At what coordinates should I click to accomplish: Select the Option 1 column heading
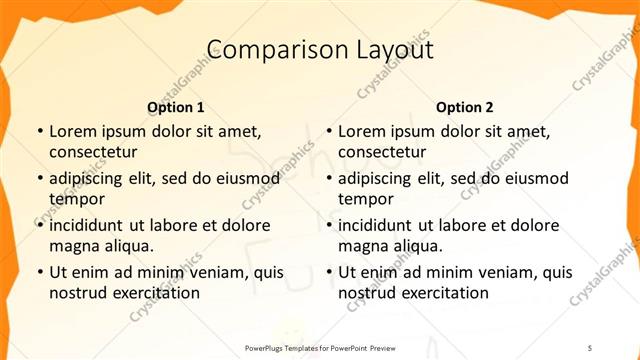176,107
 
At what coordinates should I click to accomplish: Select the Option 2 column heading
465,107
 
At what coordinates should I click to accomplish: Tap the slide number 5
589,347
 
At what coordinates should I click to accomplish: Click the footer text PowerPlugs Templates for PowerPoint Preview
320,347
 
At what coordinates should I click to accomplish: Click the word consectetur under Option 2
382,152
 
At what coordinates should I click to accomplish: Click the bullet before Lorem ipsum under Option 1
39,132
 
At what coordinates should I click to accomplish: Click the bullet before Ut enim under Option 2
328,272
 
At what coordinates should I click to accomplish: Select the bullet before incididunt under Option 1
39,225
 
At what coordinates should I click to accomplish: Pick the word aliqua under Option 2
418,245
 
